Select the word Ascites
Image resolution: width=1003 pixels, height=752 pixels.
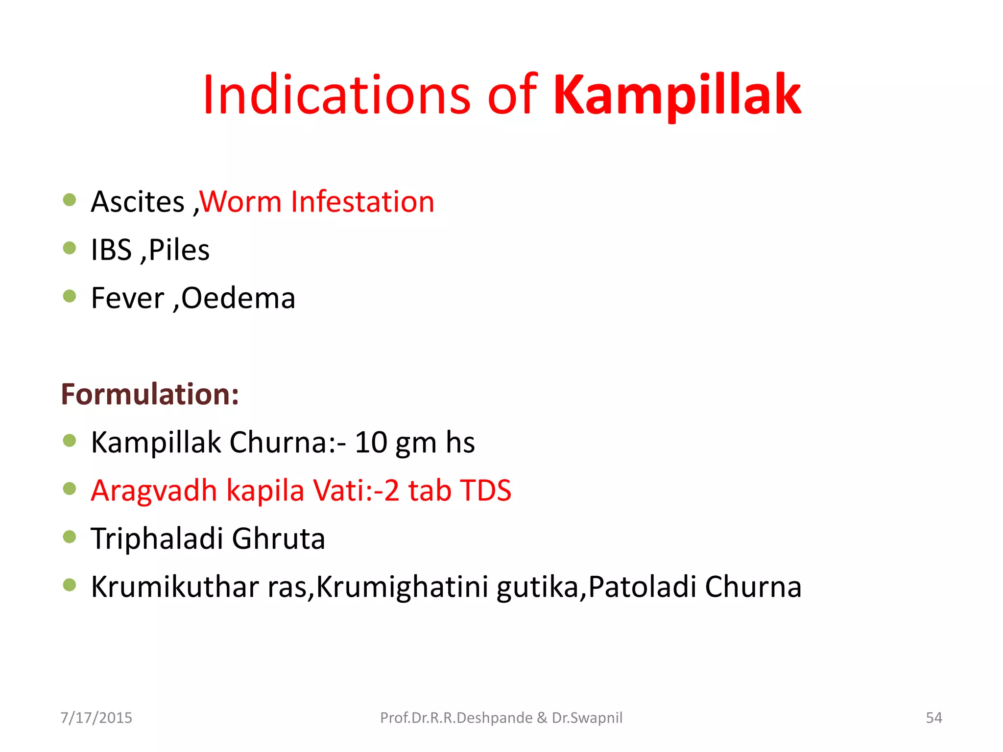click(138, 202)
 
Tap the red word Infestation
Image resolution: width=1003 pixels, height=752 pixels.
click(362, 202)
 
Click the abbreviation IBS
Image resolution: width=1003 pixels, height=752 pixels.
click(111, 250)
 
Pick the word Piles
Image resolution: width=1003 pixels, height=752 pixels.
click(179, 250)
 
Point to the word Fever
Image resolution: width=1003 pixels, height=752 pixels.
click(127, 298)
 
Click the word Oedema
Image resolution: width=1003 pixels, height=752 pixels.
click(238, 298)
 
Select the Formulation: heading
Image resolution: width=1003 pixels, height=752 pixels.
click(150, 394)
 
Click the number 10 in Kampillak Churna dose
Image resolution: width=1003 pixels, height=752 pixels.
click(371, 443)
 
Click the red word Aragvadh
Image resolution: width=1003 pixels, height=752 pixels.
click(154, 491)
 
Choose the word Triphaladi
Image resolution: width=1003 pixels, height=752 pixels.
click(157, 539)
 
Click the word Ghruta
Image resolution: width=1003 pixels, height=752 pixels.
click(278, 539)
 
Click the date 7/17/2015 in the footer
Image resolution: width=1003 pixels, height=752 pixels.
click(96, 718)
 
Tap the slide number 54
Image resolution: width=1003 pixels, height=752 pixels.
click(933, 718)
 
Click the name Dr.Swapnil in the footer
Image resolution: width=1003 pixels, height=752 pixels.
click(587, 718)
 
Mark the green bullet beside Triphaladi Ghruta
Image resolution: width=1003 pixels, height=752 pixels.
click(70, 537)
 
